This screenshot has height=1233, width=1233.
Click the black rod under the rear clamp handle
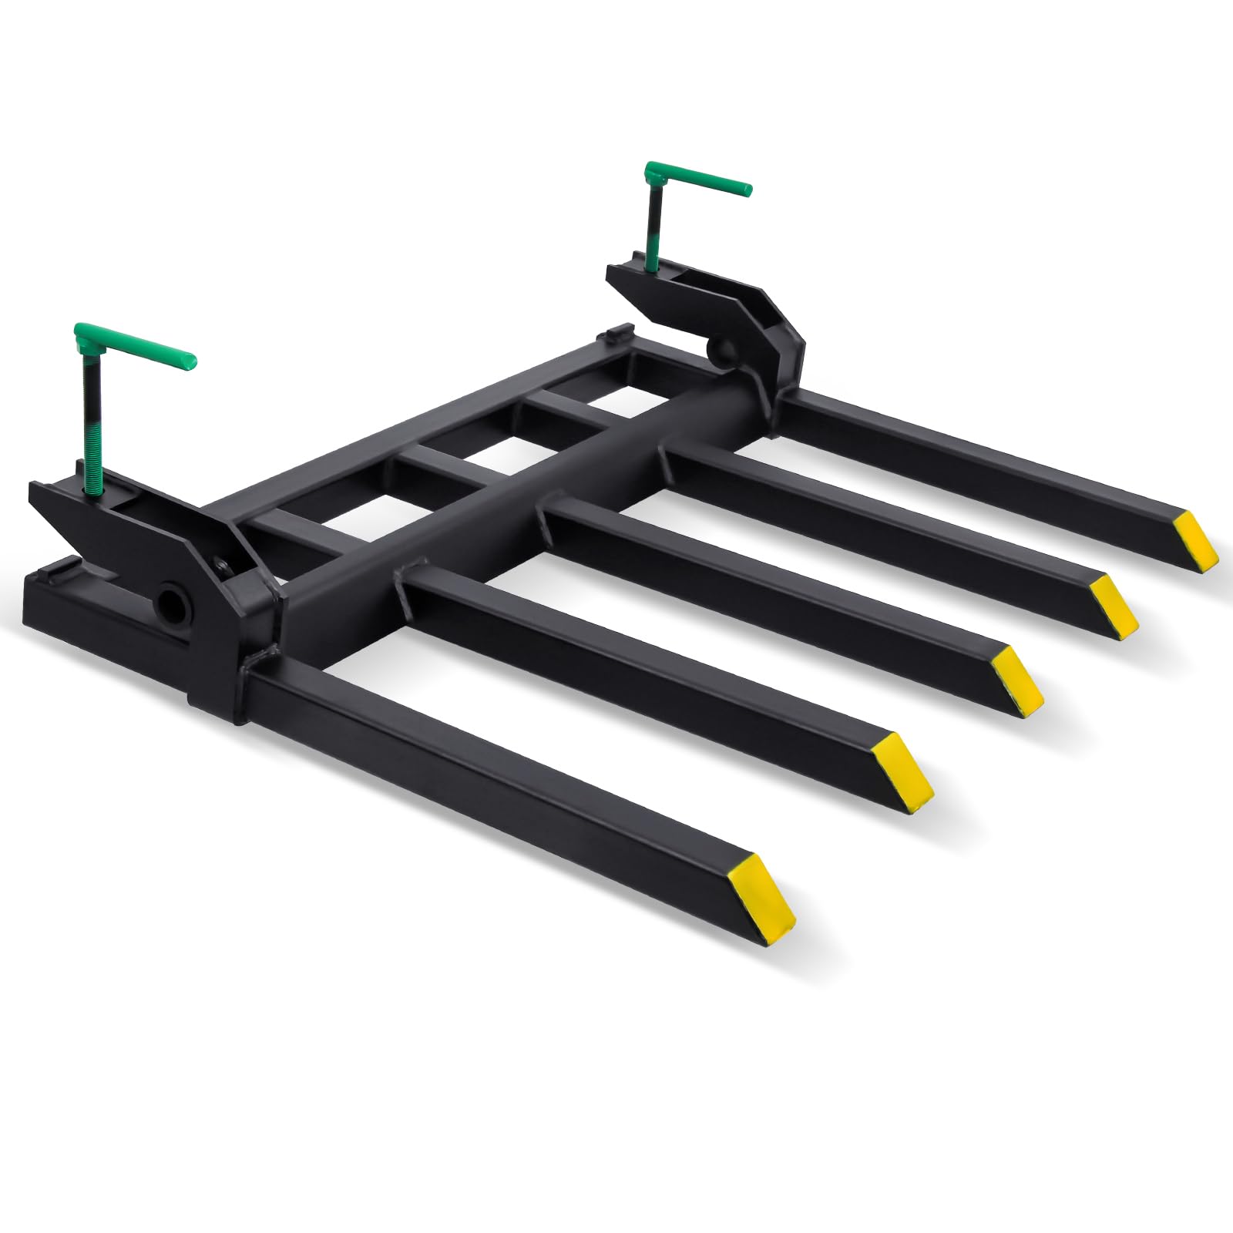tap(651, 223)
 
